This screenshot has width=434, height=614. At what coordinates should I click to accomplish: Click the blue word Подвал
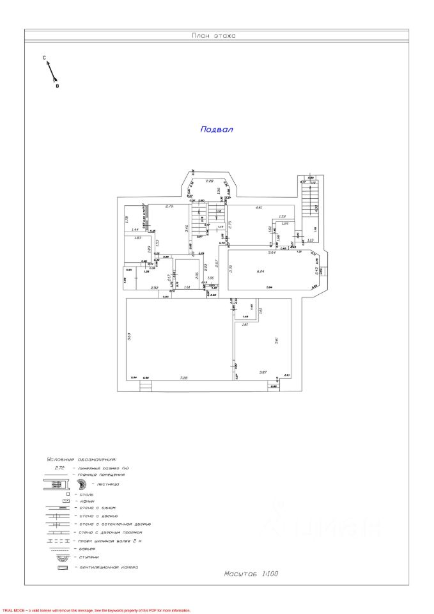tap(217, 129)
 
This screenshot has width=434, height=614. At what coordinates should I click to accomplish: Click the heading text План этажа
tap(213, 36)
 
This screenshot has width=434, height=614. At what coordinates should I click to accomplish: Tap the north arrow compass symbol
tap(50, 72)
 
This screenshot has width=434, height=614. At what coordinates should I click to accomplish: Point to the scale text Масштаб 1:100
tap(251, 574)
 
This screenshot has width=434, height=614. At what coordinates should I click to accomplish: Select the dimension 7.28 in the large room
tap(184, 378)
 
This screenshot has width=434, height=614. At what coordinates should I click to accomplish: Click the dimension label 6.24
tap(260, 272)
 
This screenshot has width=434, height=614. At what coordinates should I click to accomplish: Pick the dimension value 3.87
tap(262, 372)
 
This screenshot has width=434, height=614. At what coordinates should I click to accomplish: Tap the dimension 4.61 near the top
tap(259, 208)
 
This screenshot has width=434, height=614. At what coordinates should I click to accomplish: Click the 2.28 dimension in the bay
tap(209, 182)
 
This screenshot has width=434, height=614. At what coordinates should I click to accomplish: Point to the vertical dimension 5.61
tap(277, 340)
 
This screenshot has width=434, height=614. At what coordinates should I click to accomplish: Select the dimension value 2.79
tap(169, 207)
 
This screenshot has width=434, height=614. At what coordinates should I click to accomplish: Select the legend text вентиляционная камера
tap(108, 567)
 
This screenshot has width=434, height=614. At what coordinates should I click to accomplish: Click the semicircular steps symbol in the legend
tap(63, 557)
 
